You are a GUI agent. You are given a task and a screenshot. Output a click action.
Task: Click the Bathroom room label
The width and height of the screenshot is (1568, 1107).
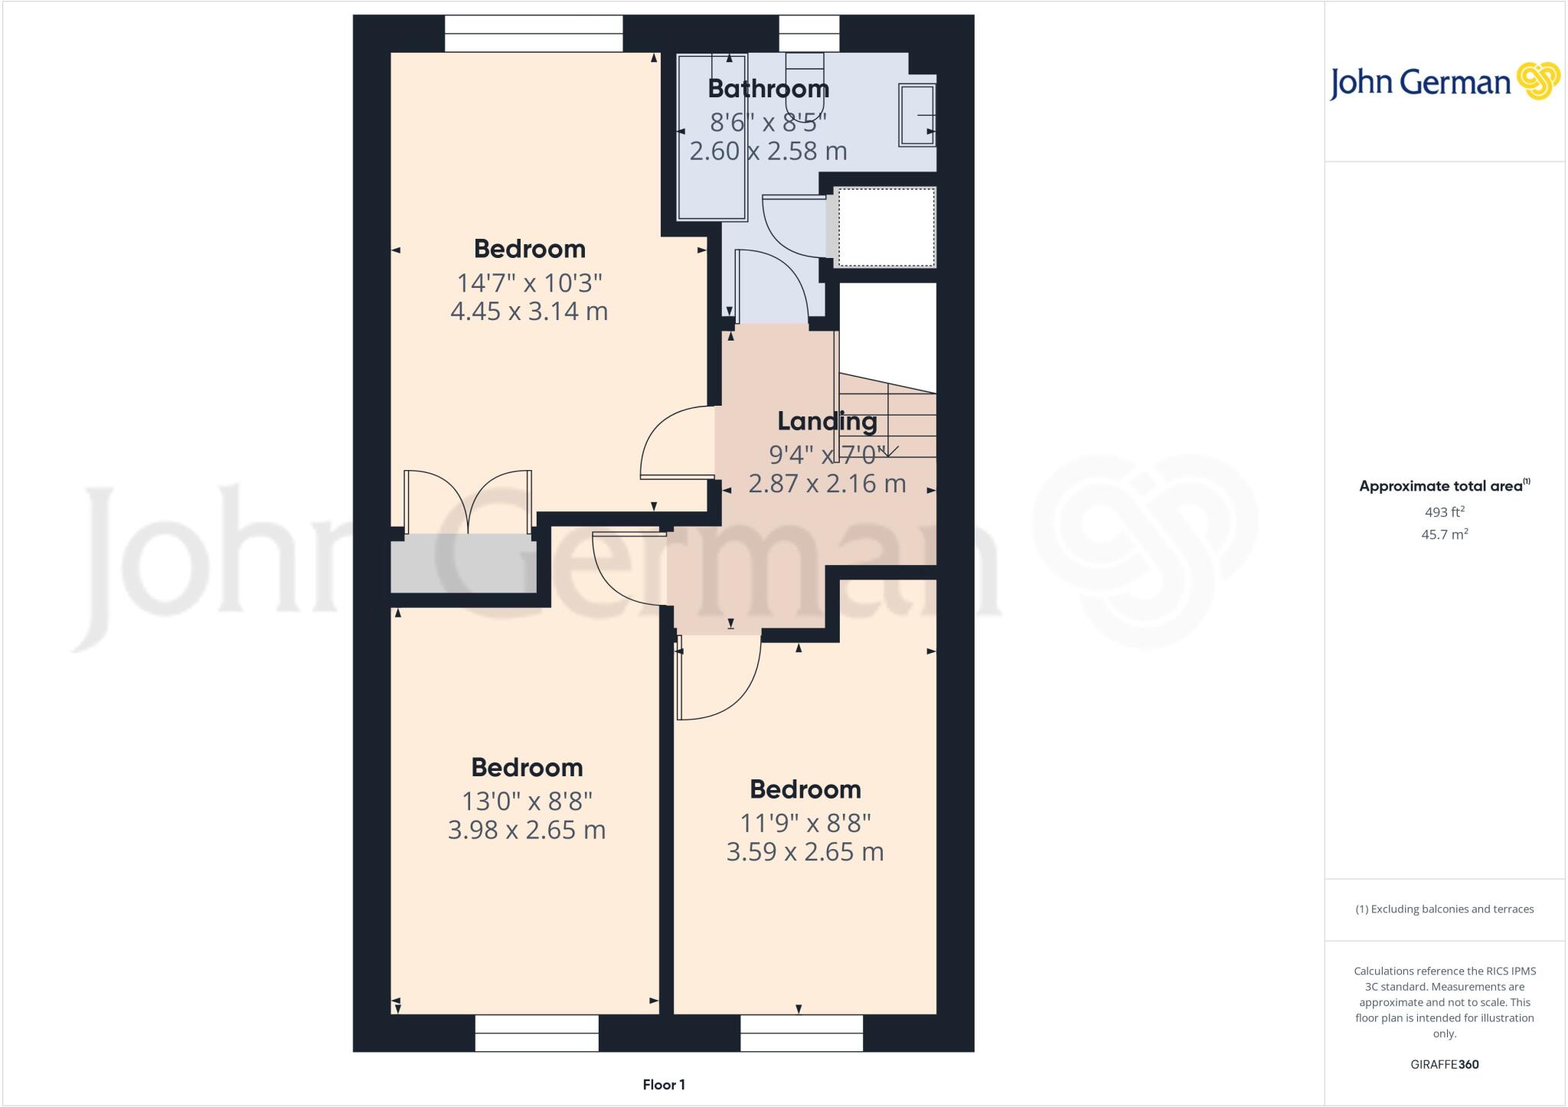(768, 89)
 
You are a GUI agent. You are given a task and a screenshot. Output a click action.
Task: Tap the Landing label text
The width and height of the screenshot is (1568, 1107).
(827, 421)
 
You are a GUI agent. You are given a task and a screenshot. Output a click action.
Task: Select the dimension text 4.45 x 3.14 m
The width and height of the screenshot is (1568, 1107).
(529, 312)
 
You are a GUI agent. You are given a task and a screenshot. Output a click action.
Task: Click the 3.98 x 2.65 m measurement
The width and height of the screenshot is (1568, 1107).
(527, 830)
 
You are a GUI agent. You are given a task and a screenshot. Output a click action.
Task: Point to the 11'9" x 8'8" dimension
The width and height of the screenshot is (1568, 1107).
(805, 823)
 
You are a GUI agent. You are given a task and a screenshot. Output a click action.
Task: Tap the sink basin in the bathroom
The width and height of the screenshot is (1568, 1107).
(917, 115)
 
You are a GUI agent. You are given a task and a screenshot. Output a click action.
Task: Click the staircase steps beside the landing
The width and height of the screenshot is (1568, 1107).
(888, 417)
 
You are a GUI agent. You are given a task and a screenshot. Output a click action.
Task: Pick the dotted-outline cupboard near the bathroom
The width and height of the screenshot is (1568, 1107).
(886, 227)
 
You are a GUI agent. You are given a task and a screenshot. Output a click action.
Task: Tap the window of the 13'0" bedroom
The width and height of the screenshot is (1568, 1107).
(536, 1033)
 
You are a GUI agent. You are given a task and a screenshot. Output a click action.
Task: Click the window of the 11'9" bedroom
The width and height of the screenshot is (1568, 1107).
(802, 1033)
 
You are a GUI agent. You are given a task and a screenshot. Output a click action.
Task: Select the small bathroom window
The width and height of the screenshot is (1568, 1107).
(808, 34)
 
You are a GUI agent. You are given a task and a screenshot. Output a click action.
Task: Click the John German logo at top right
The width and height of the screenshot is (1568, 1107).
(1444, 82)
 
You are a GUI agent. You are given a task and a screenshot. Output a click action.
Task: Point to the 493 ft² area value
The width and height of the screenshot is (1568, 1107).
(1444, 512)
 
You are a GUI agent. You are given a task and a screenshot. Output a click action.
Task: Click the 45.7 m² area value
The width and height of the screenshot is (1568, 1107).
(1444, 534)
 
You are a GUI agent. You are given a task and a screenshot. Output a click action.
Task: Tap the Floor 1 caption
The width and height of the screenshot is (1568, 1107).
(664, 1085)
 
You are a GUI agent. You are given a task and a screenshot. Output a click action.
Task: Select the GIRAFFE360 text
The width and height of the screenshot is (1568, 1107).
(1444, 1064)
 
